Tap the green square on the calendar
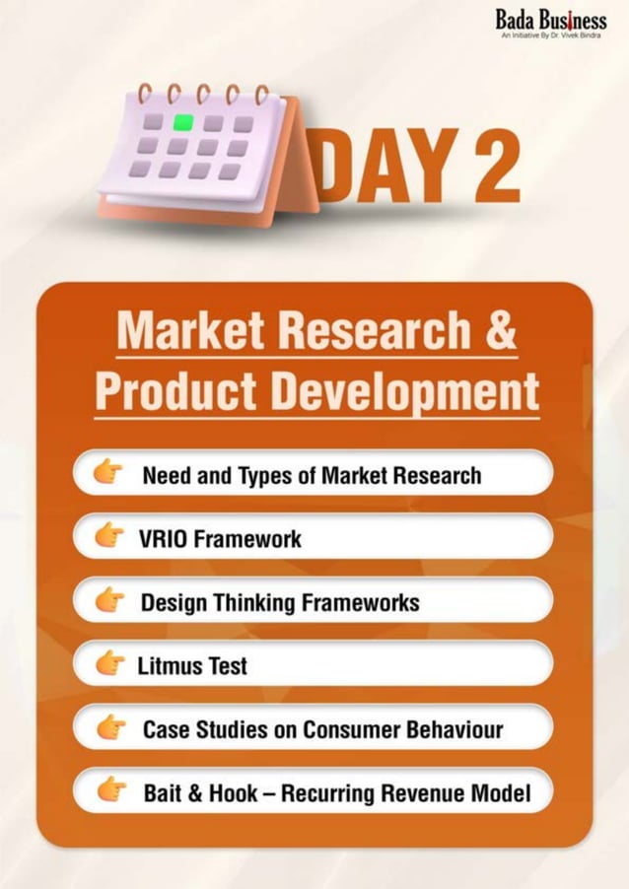pyautogui.click(x=183, y=123)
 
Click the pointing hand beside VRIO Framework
pyautogui.click(x=109, y=537)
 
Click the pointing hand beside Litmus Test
pyautogui.click(x=109, y=663)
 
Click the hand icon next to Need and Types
pyautogui.click(x=109, y=474)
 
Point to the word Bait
pyautogui.click(x=165, y=792)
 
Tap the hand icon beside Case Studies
pyautogui.click(x=109, y=727)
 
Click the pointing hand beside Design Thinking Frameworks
pyautogui.click(x=109, y=600)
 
